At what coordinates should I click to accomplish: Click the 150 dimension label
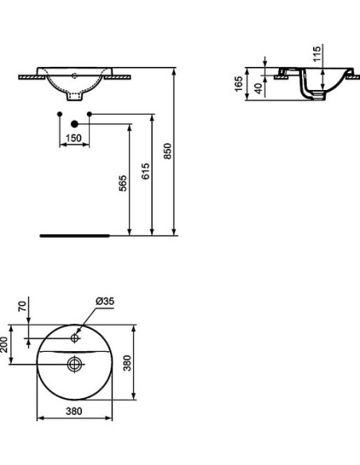73,138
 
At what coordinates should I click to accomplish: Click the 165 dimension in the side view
240,84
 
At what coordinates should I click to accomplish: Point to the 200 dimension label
5,344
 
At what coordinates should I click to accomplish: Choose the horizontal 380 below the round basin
73,412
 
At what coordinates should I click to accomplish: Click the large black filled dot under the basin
74,124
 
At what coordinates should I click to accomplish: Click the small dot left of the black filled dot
59,115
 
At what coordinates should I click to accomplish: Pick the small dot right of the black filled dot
89,115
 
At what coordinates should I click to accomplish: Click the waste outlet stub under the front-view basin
74,100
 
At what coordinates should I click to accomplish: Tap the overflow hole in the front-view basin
74,76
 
